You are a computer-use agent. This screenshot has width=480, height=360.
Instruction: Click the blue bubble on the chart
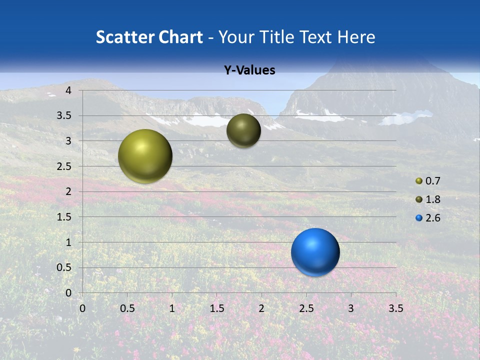[x=315, y=252]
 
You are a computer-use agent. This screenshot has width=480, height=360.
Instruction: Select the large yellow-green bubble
[x=145, y=156]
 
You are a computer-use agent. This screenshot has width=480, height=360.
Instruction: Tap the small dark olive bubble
[x=243, y=130]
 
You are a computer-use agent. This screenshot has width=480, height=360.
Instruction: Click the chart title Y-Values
[x=249, y=70]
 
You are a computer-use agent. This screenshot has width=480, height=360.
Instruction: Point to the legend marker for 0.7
[x=419, y=181]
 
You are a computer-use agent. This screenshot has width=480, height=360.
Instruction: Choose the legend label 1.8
[x=433, y=199]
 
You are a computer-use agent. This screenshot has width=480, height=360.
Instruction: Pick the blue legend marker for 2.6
[x=419, y=218]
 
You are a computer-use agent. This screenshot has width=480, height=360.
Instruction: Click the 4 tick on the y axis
[x=68, y=90]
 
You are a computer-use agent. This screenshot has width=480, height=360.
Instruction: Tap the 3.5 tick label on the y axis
[x=65, y=116]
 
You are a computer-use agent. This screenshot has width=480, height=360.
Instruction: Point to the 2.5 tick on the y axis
[x=65, y=166]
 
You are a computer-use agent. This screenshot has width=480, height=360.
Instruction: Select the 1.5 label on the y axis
[x=65, y=217]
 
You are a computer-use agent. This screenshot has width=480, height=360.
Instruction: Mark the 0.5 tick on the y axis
[x=65, y=267]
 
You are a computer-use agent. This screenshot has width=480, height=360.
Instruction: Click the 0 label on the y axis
[x=68, y=293]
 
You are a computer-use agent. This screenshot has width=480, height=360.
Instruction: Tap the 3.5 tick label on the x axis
[x=395, y=308]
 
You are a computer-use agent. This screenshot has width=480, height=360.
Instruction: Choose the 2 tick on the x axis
[x=261, y=308]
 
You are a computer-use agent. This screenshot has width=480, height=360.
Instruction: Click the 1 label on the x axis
[x=172, y=308]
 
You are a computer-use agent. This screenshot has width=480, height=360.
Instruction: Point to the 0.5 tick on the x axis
[x=127, y=308]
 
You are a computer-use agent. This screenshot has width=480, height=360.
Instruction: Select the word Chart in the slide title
[x=180, y=37]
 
